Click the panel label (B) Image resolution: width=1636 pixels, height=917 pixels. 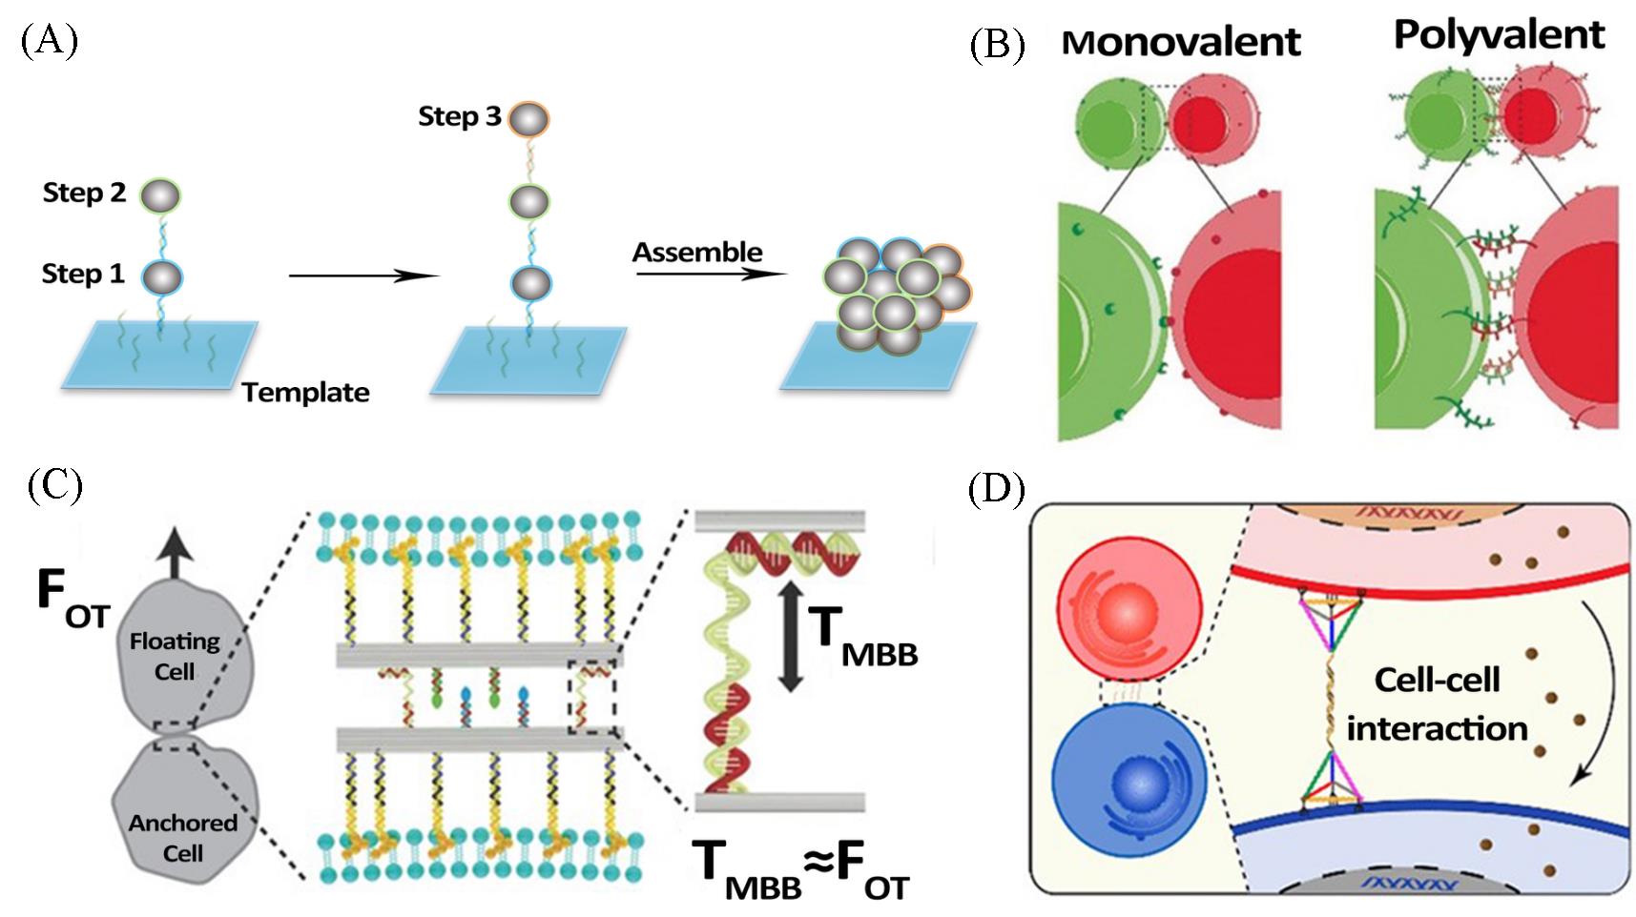(997, 45)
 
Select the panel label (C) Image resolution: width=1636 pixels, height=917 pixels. (55, 485)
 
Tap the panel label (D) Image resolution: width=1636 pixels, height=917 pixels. (997, 490)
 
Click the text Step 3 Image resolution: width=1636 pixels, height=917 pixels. (459, 116)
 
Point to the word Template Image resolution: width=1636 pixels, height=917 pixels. (305, 393)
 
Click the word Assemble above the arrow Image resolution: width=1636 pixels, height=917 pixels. (697, 253)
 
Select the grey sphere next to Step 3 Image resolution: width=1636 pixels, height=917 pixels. (529, 119)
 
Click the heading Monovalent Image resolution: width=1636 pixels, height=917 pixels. (1181, 42)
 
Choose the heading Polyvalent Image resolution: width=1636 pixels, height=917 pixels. (1499, 35)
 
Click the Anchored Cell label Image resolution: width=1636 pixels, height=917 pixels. (182, 837)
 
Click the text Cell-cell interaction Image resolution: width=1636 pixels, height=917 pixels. (1437, 704)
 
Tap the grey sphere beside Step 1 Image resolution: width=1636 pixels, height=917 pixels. (160, 277)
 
